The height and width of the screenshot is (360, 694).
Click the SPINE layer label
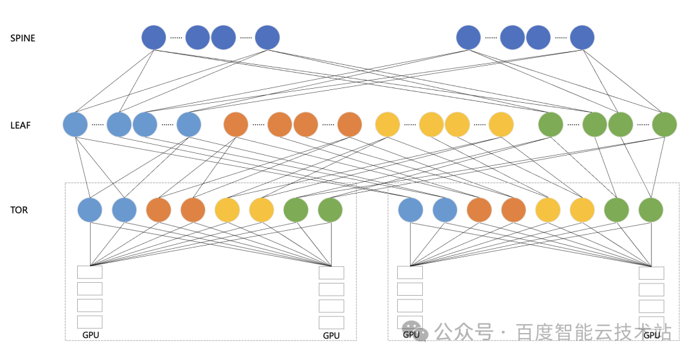(x=22, y=38)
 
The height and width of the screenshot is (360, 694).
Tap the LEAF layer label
(x=21, y=125)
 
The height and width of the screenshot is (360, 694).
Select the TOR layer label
(x=19, y=210)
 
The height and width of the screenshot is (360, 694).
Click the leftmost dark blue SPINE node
(x=154, y=37)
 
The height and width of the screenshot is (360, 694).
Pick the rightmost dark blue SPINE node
(x=582, y=37)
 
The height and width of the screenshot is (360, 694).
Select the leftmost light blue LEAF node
(x=75, y=124)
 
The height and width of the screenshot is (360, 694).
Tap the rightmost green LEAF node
(x=664, y=124)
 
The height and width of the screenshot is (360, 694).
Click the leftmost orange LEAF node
(x=236, y=124)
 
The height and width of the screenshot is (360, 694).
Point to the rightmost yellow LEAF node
(x=501, y=124)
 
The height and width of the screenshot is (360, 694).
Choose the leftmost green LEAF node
(x=551, y=124)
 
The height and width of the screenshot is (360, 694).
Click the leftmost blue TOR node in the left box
(x=90, y=210)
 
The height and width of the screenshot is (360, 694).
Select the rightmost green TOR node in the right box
(x=651, y=210)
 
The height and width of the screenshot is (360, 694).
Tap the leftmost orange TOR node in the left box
(x=158, y=210)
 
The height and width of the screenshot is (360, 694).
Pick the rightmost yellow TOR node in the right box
(x=582, y=210)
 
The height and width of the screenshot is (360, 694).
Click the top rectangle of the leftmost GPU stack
(x=90, y=272)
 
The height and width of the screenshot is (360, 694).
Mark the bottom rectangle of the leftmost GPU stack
(x=90, y=321)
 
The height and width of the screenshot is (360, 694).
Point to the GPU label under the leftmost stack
(x=91, y=335)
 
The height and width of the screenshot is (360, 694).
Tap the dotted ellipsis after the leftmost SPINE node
(x=176, y=38)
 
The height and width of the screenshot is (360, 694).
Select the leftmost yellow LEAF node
(x=387, y=124)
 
